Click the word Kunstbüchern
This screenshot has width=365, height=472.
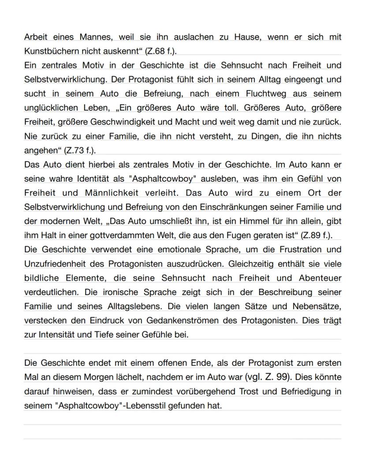[x=48, y=51]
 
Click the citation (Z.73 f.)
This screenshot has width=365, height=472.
[x=80, y=150]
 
